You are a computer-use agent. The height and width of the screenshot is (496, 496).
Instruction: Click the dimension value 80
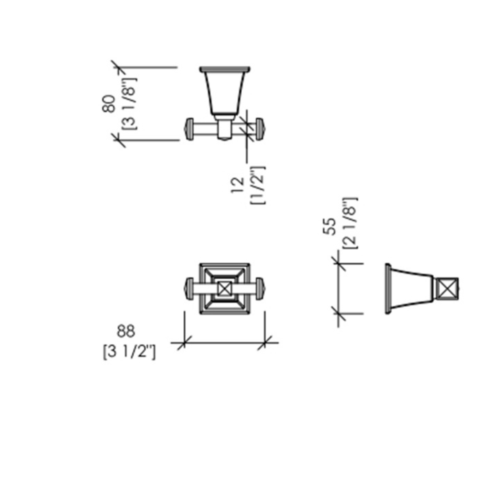click(x=109, y=104)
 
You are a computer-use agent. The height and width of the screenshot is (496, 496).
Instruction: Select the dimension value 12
click(x=237, y=185)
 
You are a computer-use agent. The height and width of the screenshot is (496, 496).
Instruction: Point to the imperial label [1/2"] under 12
click(x=258, y=185)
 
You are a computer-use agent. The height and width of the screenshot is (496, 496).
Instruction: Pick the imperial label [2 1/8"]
click(x=350, y=223)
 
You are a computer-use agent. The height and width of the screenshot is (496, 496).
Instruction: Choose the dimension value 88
click(x=126, y=331)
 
